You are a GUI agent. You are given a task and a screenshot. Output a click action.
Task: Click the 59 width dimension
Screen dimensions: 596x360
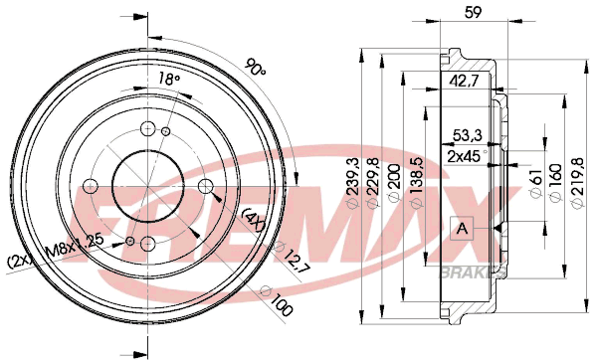(x=473, y=12)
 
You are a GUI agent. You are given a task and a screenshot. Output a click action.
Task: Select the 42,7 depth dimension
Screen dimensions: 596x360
(x=464, y=81)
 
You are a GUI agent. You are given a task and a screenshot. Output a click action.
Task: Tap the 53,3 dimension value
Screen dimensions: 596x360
(x=467, y=135)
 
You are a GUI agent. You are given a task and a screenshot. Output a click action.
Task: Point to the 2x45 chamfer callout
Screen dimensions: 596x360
(x=466, y=156)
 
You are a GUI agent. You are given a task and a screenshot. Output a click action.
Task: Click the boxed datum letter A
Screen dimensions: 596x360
(x=462, y=228)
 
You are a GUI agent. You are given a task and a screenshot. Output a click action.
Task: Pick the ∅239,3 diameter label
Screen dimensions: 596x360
(x=353, y=182)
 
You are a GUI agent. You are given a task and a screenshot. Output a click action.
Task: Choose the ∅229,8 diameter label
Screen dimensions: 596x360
(x=373, y=183)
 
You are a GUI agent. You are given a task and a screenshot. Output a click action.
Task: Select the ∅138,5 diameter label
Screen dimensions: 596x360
(x=417, y=183)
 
